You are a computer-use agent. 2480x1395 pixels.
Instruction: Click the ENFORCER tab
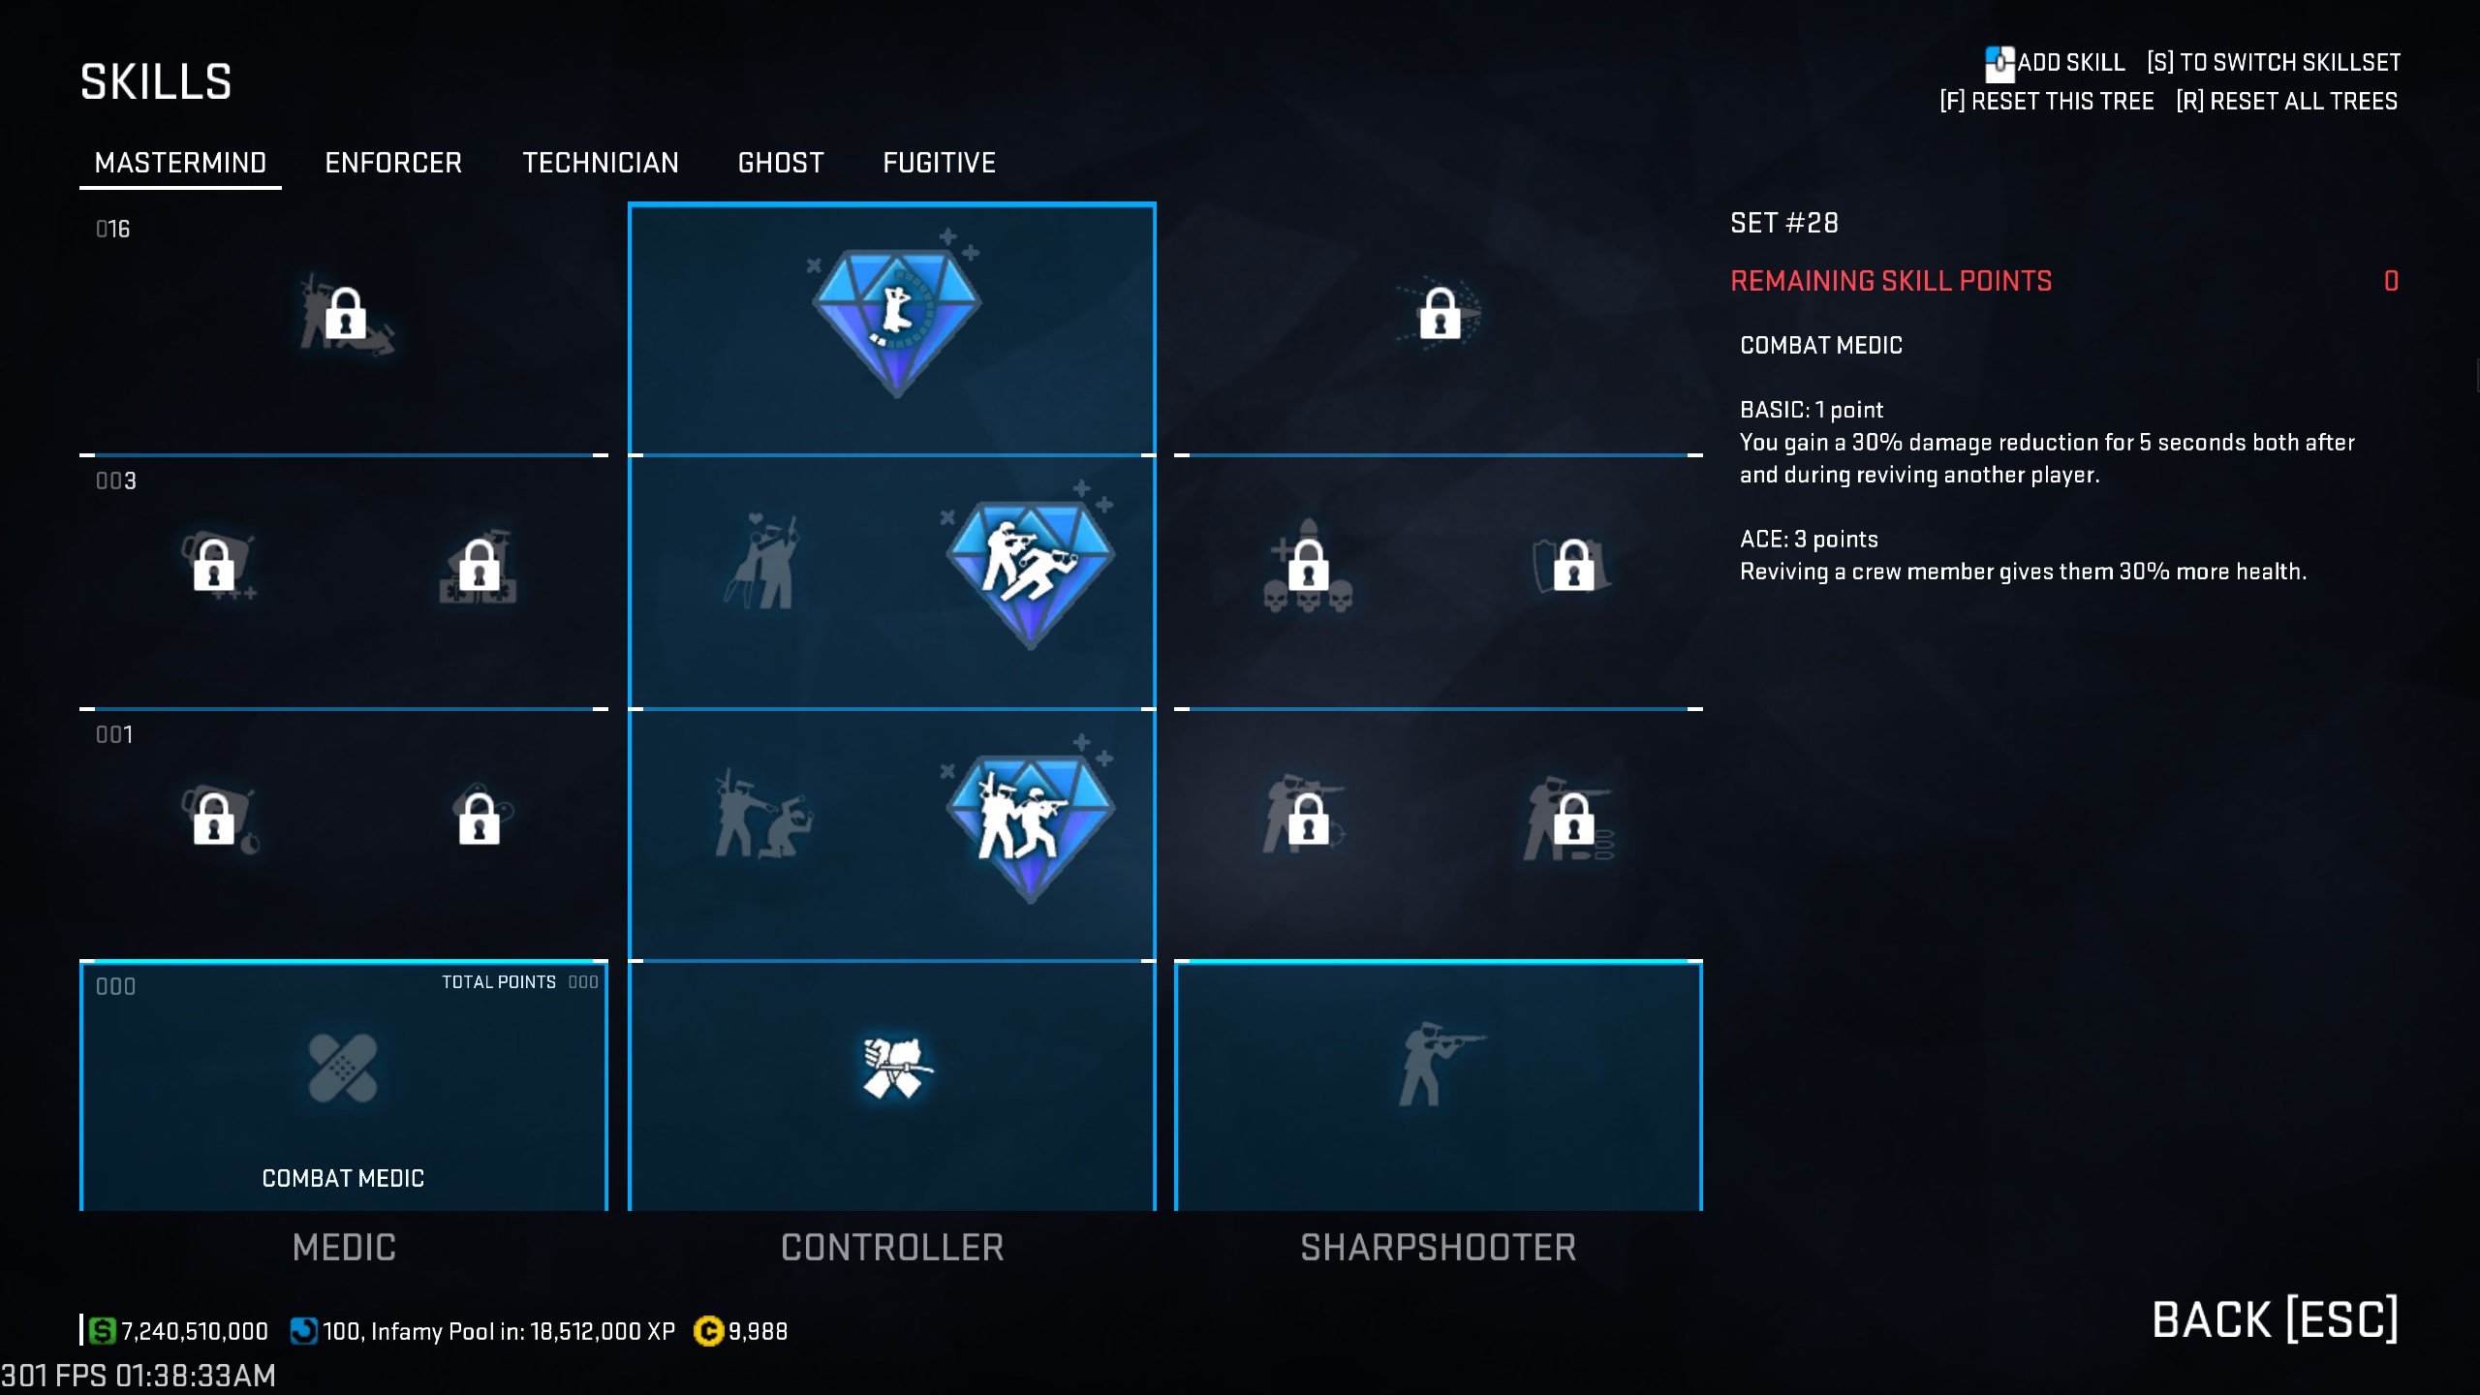point(393,163)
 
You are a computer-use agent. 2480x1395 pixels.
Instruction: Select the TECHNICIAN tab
point(601,163)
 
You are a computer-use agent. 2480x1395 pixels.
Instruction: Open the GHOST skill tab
point(781,163)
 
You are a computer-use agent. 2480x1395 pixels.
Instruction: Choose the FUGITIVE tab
point(939,163)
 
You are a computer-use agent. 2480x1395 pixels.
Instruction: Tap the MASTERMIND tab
point(180,163)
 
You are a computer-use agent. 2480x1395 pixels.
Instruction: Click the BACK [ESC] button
point(2275,1319)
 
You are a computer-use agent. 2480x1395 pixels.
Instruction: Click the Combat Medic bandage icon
point(342,1068)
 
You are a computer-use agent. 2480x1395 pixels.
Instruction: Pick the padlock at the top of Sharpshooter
point(1440,313)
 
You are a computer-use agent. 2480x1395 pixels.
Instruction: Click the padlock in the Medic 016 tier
point(345,314)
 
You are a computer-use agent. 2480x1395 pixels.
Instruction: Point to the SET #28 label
point(1784,223)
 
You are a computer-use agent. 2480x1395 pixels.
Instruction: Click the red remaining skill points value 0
point(2391,281)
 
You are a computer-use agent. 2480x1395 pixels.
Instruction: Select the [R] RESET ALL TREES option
point(2286,101)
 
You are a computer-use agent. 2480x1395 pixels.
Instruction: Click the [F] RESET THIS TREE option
point(2046,101)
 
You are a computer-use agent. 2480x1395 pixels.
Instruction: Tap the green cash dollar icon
point(102,1331)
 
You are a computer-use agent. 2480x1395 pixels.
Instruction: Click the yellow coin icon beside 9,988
point(708,1332)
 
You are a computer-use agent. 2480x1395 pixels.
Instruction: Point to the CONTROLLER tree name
point(892,1248)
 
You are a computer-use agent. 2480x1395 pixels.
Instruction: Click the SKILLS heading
point(156,82)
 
